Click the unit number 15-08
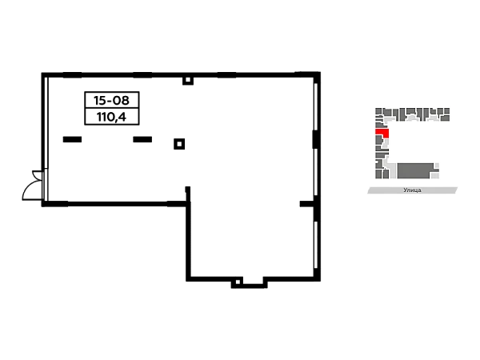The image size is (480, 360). [x=112, y=100]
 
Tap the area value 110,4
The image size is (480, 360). [x=111, y=117]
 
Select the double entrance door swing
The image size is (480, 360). [x=33, y=186]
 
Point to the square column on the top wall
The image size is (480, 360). [x=188, y=81]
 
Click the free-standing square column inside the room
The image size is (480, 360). [x=179, y=144]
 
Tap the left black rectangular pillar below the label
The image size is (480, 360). [x=72, y=139]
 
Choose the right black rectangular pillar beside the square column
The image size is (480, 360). [x=142, y=139]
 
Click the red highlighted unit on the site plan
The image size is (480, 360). [x=382, y=132]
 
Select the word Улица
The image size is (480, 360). [x=412, y=190]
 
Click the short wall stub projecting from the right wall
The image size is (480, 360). [x=306, y=204]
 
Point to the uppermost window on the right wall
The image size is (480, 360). [x=316, y=106]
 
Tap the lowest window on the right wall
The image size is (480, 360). [x=316, y=245]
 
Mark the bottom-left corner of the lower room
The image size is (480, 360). [x=188, y=279]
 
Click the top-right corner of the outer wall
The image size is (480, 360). [x=318, y=74]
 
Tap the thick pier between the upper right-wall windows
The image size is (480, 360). [x=315, y=139]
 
